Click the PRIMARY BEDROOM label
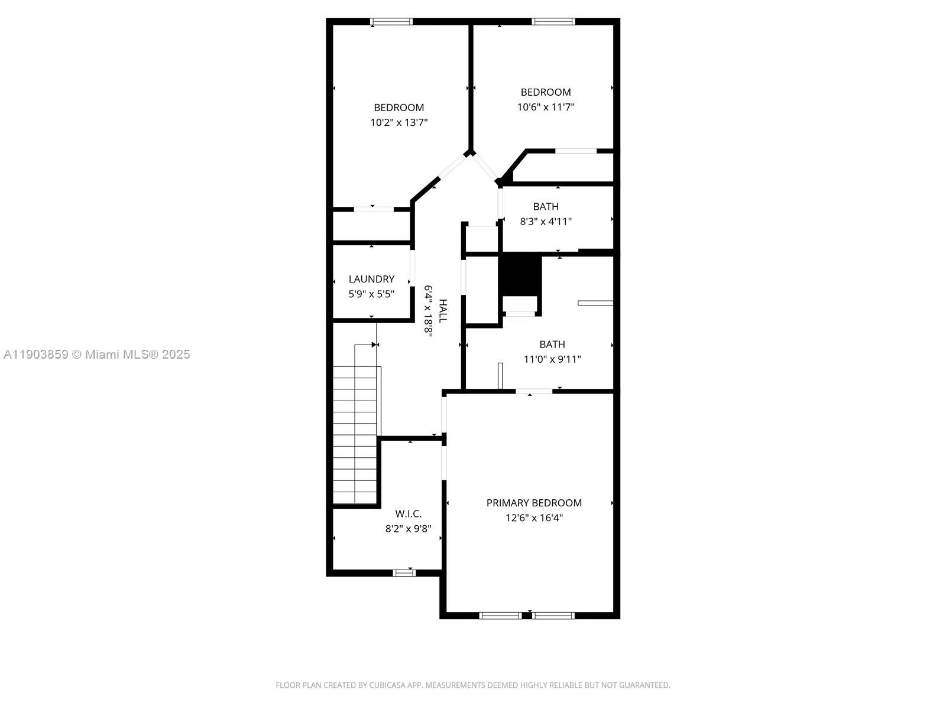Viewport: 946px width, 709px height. coord(534,503)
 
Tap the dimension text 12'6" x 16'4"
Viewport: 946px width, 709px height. coord(534,518)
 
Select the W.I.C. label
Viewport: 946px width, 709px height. coord(408,514)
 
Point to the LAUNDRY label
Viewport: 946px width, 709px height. coord(371,279)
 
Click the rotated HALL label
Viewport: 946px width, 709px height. coord(443,311)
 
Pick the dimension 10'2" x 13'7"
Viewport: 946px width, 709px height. coord(399,123)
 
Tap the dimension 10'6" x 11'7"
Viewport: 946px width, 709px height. coord(546,107)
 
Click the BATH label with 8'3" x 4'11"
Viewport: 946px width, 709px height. coord(546,207)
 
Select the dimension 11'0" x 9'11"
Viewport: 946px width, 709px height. coord(552,359)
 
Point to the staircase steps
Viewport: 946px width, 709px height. coord(355,434)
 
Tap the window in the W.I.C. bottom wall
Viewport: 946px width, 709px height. coord(404,573)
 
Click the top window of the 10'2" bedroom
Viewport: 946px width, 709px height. coord(391,22)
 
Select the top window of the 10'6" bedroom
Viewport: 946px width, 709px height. coord(553,22)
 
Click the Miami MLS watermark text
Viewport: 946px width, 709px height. coord(97,354)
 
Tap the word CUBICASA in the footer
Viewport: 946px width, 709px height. coord(387,685)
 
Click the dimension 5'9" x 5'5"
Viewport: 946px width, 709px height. coord(371,294)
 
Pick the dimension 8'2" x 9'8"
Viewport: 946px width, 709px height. coord(408,529)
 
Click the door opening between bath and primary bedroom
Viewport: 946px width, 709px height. coord(534,391)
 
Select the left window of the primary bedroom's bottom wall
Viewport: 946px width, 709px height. coord(500,615)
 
